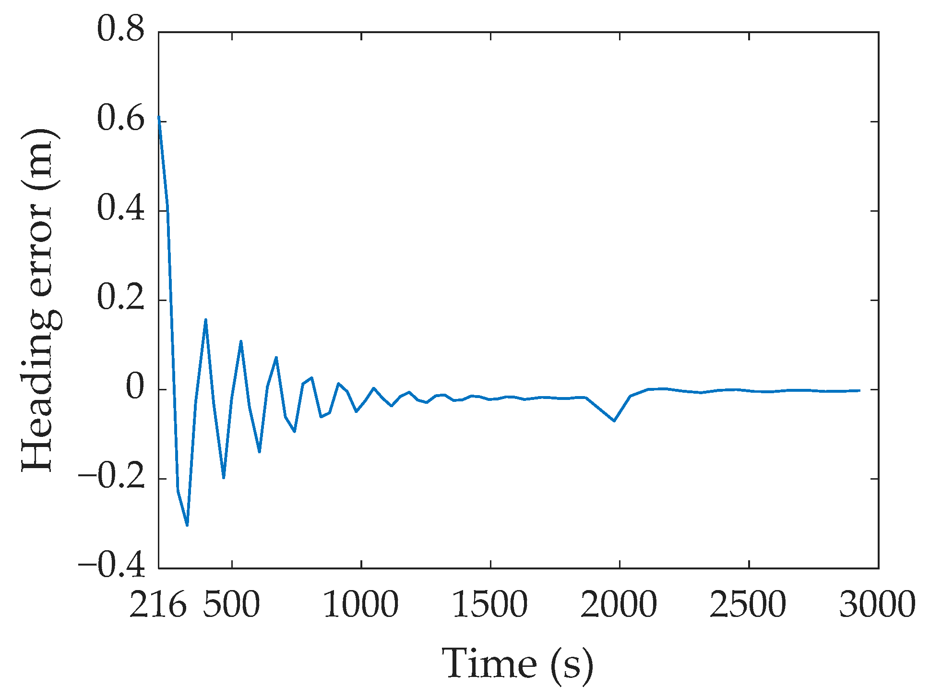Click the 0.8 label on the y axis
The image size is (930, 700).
point(120,30)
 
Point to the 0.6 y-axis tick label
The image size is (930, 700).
point(120,119)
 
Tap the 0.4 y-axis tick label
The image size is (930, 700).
point(120,209)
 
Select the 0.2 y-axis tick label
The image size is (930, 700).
point(120,298)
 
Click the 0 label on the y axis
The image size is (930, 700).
point(135,388)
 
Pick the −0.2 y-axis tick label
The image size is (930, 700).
point(111,477)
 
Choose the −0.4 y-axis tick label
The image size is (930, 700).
point(111,567)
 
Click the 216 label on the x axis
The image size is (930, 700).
point(158,605)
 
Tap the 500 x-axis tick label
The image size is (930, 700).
point(232,605)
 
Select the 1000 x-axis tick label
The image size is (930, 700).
point(361,605)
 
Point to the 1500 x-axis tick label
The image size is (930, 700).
point(490,605)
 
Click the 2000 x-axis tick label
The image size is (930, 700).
point(619,605)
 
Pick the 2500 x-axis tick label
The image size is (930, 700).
point(748,605)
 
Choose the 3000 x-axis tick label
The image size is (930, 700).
point(877,605)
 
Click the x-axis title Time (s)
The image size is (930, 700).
point(517,664)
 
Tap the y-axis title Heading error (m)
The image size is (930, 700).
point(40,300)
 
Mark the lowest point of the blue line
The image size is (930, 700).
point(187,525)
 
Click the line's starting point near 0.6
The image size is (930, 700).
point(159,117)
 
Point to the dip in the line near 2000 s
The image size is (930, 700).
point(614,421)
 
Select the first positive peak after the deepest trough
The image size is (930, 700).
point(205,319)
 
